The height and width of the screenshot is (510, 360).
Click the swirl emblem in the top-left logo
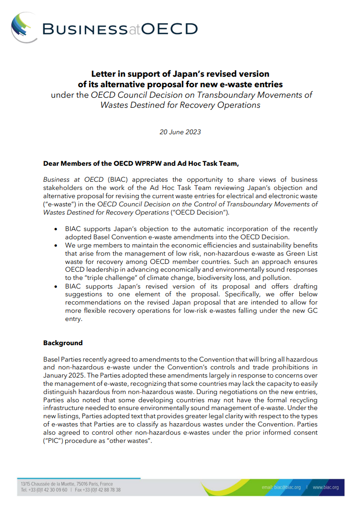click(24, 27)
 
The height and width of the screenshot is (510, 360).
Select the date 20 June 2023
click(180, 132)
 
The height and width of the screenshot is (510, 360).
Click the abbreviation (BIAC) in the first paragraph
click(116, 180)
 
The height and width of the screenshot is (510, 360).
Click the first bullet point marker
click(56, 229)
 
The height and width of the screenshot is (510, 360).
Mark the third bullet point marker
click(56, 286)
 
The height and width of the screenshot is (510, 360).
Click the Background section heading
click(63, 343)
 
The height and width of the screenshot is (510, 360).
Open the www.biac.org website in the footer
click(325, 488)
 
